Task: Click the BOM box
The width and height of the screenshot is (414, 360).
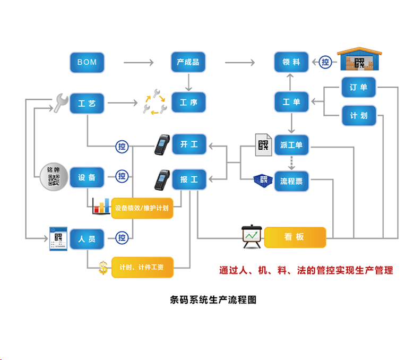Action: coord(87,62)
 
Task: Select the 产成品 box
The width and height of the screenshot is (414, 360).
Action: coord(188,62)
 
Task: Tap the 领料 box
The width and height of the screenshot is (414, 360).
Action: coord(291,62)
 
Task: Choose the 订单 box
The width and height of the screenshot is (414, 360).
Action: coord(359,87)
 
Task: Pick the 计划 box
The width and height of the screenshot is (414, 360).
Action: coord(359,115)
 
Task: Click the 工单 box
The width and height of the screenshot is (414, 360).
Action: coord(291,102)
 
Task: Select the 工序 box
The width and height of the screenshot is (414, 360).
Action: coord(188,102)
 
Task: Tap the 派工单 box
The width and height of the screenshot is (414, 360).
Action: coord(291,145)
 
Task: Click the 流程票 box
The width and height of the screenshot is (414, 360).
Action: coord(291,181)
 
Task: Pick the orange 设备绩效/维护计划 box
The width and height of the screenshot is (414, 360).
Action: coord(142,208)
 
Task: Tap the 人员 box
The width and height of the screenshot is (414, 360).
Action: coord(87,239)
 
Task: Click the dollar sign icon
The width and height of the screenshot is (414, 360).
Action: coord(103,268)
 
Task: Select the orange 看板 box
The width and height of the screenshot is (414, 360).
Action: coord(295,237)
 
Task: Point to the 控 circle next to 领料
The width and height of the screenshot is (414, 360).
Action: coord(325,62)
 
